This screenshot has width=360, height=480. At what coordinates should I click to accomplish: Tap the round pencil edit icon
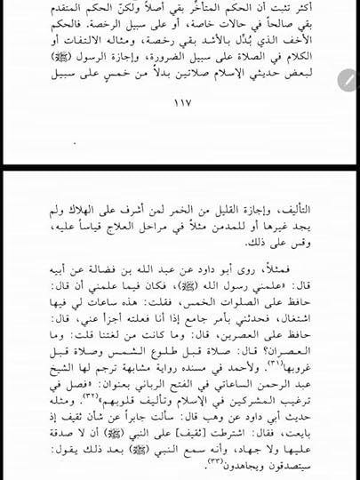[348, 81]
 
